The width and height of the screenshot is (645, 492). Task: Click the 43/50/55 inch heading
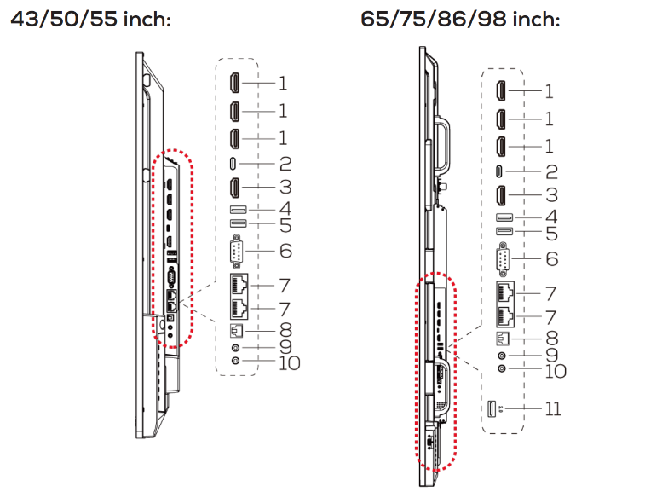tap(90, 20)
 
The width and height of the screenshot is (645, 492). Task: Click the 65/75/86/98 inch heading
tap(460, 20)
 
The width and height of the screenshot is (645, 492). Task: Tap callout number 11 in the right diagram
tap(553, 408)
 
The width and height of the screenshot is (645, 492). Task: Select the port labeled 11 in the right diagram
tap(491, 408)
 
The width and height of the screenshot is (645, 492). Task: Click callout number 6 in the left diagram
tap(286, 251)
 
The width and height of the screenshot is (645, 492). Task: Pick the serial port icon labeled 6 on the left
tap(236, 252)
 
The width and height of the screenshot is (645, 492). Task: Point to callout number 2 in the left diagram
tap(285, 164)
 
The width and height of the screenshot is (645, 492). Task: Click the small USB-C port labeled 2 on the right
tap(499, 171)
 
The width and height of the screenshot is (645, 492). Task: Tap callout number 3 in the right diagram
tap(551, 194)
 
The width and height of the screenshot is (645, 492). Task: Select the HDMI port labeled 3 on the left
tap(235, 187)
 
